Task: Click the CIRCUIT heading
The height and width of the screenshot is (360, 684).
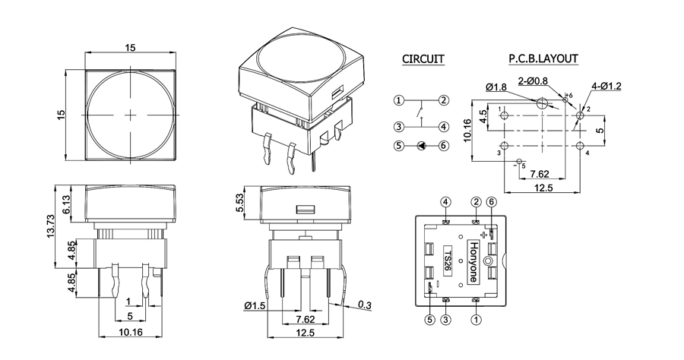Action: coord(423,59)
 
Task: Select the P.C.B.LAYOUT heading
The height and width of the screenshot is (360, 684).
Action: coord(543,59)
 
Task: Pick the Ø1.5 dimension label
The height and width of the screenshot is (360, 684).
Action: coord(255,306)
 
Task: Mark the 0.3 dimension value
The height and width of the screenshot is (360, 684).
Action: coord(365,305)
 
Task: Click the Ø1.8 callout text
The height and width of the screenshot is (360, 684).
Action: coord(496,87)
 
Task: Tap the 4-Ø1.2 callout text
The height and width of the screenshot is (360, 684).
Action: coord(606,86)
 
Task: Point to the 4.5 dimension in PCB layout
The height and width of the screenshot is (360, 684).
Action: coord(483,117)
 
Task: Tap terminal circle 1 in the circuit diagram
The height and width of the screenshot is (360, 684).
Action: coord(399,100)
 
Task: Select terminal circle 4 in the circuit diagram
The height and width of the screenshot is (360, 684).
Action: coord(445,127)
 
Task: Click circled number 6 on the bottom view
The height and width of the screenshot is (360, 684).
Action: coord(491,201)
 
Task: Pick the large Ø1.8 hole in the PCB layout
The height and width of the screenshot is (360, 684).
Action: coord(543,103)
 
